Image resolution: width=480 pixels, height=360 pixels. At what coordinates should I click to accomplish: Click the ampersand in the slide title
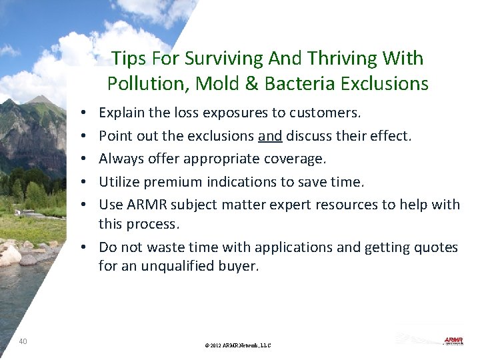252,83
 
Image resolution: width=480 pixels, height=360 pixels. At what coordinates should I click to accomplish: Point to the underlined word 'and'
270,136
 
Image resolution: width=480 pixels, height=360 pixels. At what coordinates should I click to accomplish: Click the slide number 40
23,341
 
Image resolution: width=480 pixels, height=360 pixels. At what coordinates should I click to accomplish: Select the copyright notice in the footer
239,345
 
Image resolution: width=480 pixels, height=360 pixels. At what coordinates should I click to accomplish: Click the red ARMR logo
453,341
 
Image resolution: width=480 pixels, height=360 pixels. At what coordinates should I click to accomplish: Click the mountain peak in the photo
41,100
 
